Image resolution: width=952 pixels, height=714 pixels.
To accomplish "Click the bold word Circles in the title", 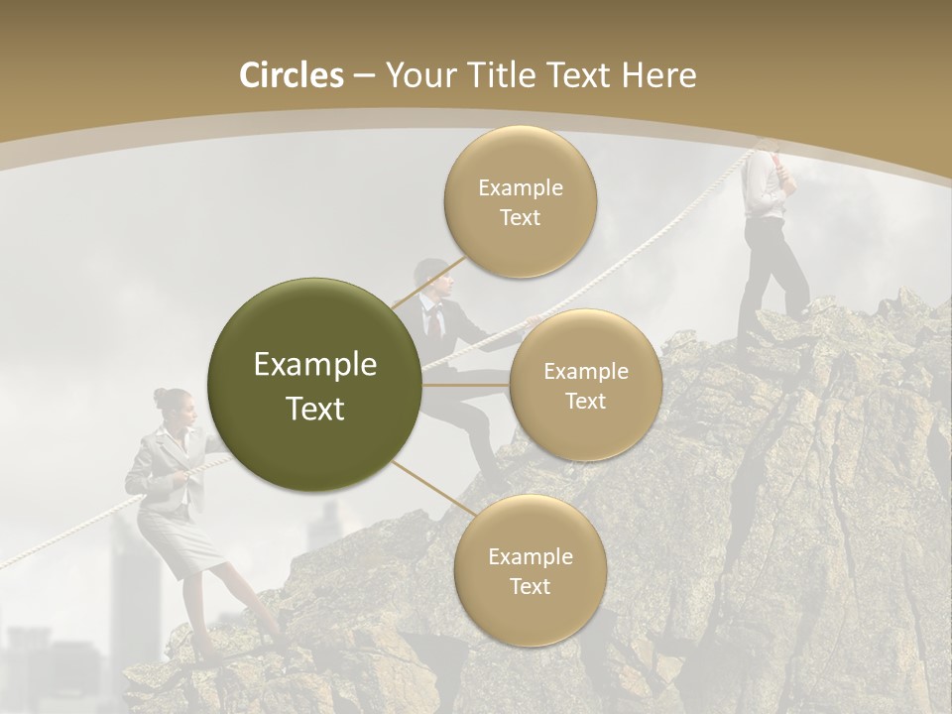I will pos(292,75).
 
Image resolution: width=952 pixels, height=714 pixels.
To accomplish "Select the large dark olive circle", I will pos(314,385).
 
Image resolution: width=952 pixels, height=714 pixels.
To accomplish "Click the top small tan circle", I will pos(521,201).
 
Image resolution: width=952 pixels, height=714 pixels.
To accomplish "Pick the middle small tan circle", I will pos(586,385).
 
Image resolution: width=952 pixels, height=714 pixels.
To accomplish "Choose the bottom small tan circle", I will pos(530,570).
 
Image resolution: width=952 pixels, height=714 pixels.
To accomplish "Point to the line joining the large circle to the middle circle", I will pos(466,384).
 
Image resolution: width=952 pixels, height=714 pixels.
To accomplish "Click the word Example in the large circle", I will pos(314,365).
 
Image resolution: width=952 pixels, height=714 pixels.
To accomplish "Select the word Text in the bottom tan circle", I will pos(530,586).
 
